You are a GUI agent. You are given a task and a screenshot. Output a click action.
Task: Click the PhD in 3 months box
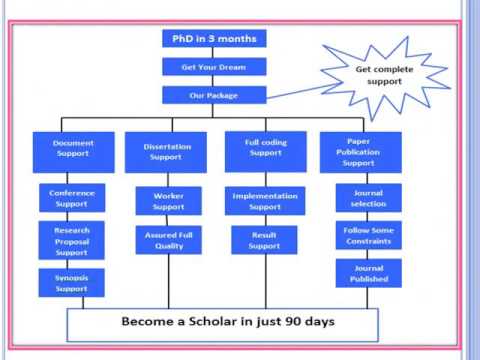pyautogui.click(x=213, y=39)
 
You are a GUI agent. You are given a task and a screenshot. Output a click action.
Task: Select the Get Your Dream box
pyautogui.click(x=213, y=67)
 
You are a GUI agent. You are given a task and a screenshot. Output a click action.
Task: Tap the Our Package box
pyautogui.click(x=213, y=96)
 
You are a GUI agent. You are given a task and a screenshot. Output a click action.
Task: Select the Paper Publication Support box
pyautogui.click(x=361, y=150)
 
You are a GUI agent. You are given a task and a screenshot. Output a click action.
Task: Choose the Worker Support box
pyautogui.click(x=168, y=200)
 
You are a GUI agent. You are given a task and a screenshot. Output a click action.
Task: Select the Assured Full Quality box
pyautogui.click(x=168, y=240)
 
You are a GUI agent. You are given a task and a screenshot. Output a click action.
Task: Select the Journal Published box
pyautogui.click(x=368, y=274)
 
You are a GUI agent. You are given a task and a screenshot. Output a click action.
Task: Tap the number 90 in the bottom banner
pyautogui.click(x=303, y=323)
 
